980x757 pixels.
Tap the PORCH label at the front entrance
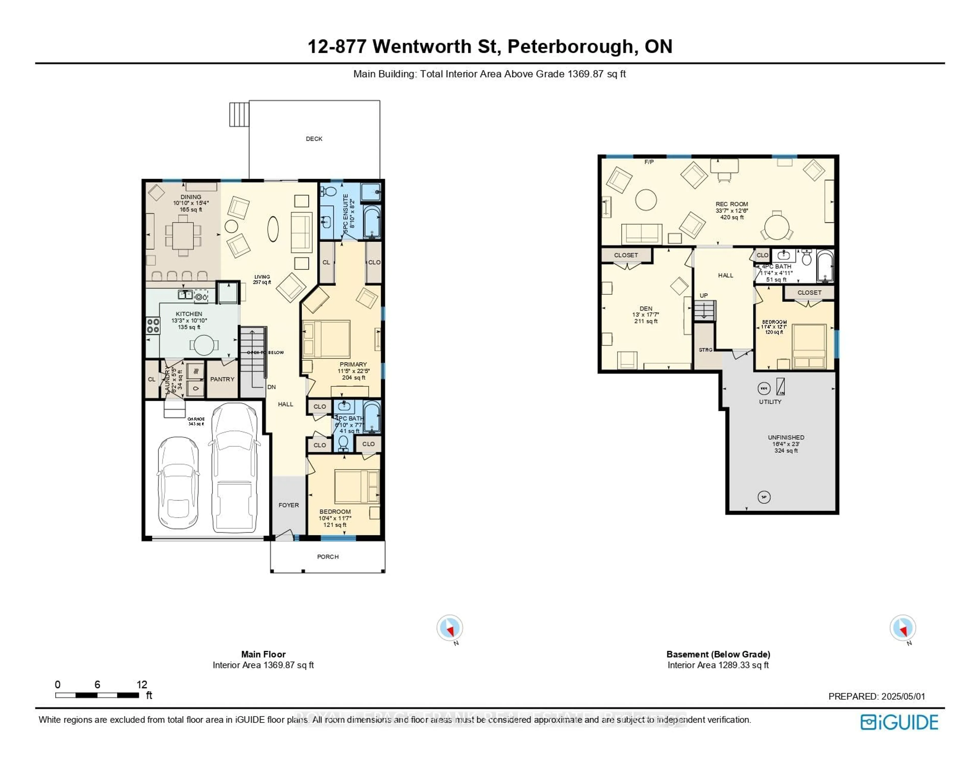pyautogui.click(x=328, y=556)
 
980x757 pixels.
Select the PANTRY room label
pyautogui.click(x=222, y=379)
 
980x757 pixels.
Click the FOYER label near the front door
pyautogui.click(x=289, y=505)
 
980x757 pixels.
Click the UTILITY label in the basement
pyautogui.click(x=770, y=402)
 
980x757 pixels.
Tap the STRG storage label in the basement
pyautogui.click(x=705, y=350)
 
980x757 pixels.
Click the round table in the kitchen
pyautogui.click(x=204, y=345)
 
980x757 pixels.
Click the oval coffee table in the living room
pyautogui.click(x=273, y=229)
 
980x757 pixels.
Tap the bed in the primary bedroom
pyautogui.click(x=327, y=339)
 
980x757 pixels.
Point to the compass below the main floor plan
pyautogui.click(x=450, y=627)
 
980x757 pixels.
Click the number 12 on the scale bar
pyautogui.click(x=142, y=684)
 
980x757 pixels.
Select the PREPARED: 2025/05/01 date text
pyautogui.click(x=876, y=697)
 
